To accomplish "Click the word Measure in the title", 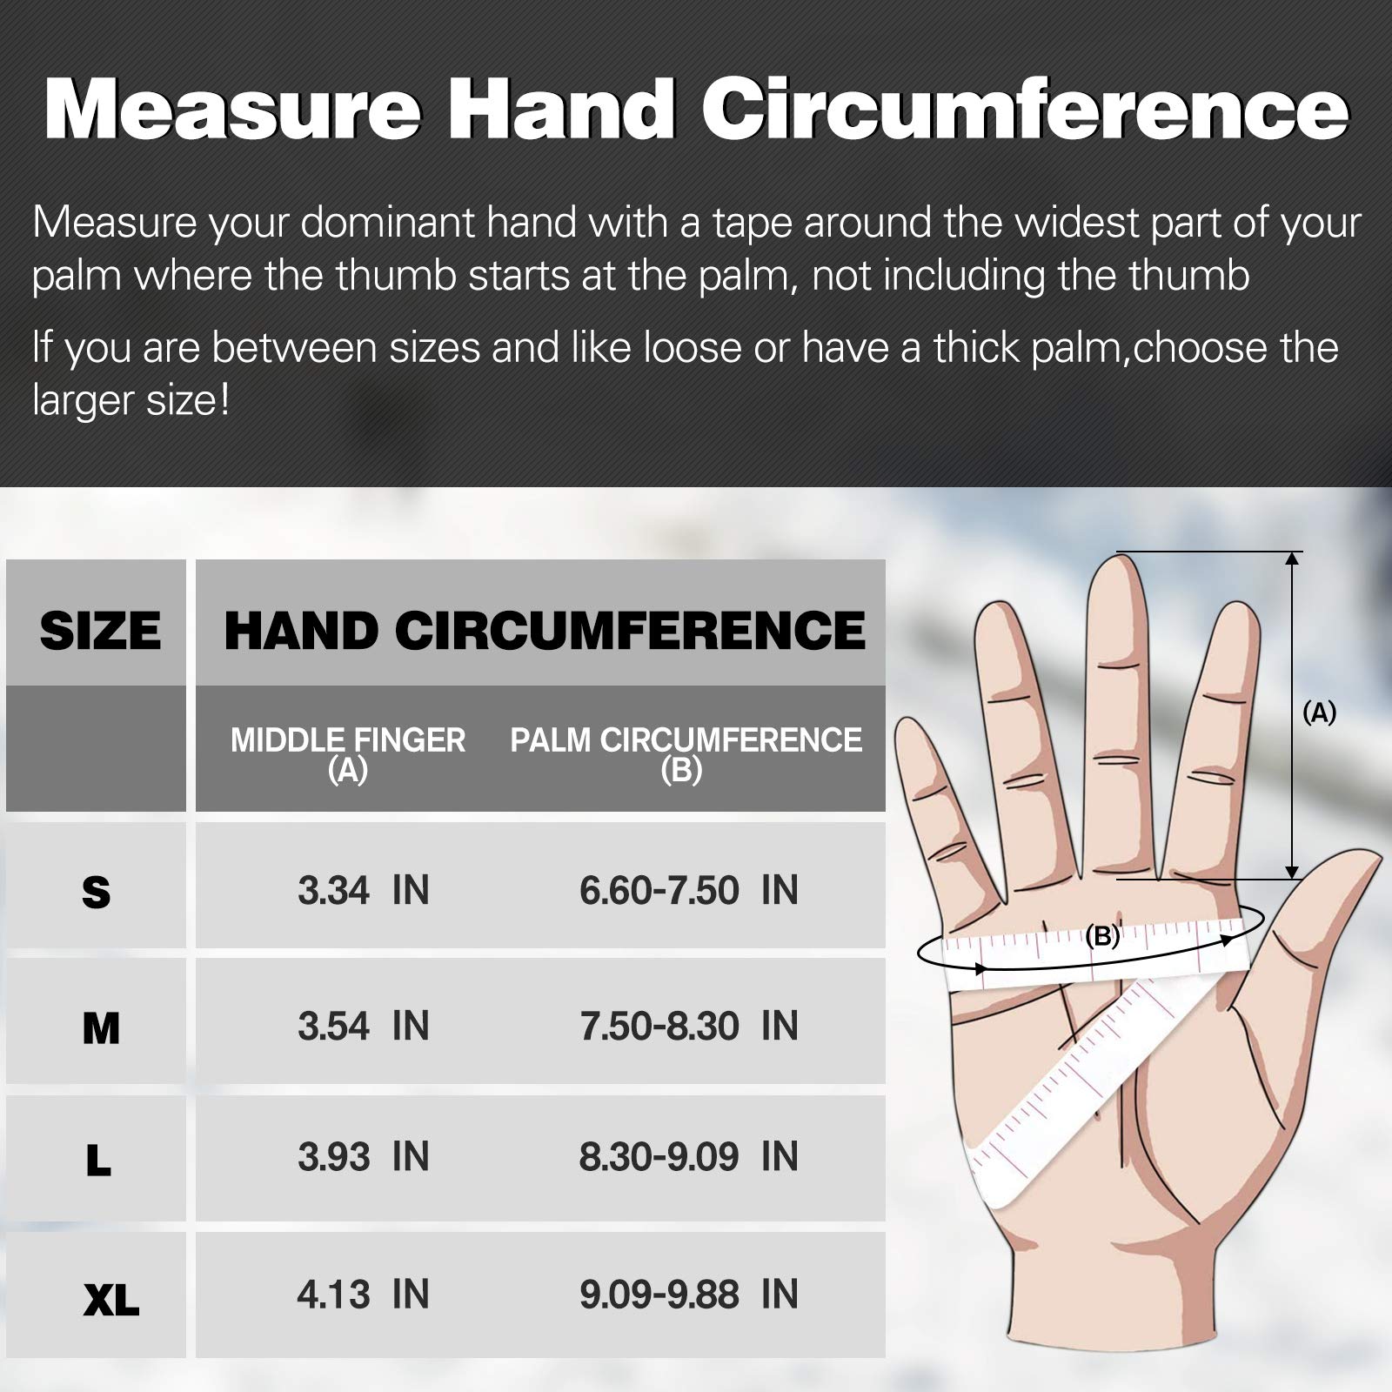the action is pos(232,110).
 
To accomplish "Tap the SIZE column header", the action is pos(100,631).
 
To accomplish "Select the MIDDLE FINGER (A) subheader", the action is pos(348,753).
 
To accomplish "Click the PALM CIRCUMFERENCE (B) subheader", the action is pos(686,753).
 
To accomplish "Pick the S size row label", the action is pos(97,893).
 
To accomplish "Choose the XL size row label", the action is pos(111,1301).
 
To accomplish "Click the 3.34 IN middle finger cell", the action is pos(364,891).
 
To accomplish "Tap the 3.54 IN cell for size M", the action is pos(364,1027).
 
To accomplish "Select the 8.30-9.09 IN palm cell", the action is pos(689,1157).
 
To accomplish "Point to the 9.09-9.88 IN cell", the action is pos(689,1295).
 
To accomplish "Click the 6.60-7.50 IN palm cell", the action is pos(689,891).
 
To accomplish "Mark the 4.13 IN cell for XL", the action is pos(364,1295).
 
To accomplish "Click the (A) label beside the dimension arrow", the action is pos(1319,713).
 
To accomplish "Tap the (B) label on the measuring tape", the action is pos(1102,936).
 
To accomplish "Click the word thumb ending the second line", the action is pos(1189,276).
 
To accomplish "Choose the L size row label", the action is pos(98,1160).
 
